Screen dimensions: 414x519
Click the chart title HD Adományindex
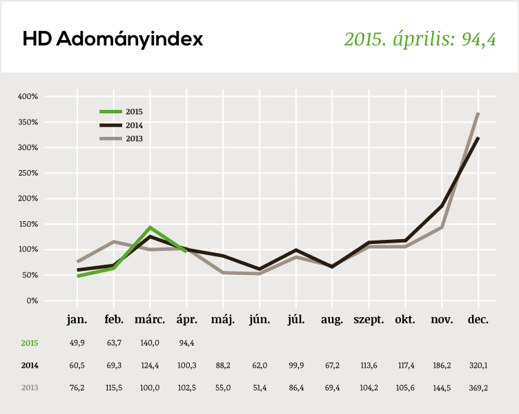tap(112, 39)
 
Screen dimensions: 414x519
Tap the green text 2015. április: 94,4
tap(420, 39)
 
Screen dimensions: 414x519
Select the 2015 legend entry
tap(134, 111)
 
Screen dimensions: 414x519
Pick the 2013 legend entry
tap(134, 138)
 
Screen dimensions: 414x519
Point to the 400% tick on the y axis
tap(28, 96)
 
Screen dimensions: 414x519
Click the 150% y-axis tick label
tap(28, 224)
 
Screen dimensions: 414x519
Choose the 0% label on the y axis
tap(32, 301)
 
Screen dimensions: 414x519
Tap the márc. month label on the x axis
tap(150, 320)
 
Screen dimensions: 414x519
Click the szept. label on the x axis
tap(369, 320)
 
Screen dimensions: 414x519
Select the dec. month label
tap(478, 320)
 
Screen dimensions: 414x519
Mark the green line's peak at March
tap(150, 227)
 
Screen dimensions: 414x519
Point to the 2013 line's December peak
tap(478, 113)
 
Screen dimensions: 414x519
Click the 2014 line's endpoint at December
tap(478, 138)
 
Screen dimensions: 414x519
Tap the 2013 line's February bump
tap(114, 242)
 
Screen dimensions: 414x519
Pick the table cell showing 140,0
tap(150, 343)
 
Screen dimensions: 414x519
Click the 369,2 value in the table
tap(478, 388)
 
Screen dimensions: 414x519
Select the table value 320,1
tap(478, 366)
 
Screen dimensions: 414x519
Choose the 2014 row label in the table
tap(30, 366)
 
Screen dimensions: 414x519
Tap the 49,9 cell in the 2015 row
tap(77, 343)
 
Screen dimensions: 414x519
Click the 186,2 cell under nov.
tap(442, 366)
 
